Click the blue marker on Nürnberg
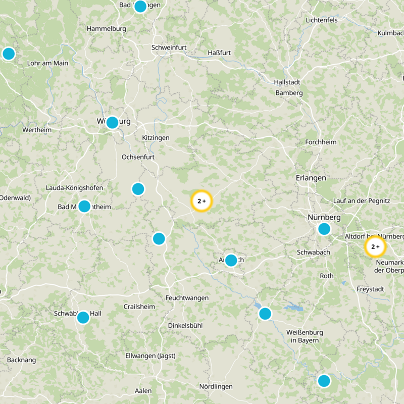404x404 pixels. (324, 229)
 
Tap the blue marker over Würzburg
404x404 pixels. (112, 122)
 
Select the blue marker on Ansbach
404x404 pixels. (231, 261)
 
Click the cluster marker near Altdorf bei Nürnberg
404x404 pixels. (375, 247)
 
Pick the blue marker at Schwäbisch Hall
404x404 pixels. (83, 318)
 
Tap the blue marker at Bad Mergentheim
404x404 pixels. (84, 206)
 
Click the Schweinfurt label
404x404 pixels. (169, 47)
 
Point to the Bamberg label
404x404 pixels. (289, 93)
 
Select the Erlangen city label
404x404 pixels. (311, 178)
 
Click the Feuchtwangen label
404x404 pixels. (187, 298)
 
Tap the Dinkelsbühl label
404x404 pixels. (185, 326)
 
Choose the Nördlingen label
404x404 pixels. (216, 386)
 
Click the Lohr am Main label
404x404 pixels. (47, 63)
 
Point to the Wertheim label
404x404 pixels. (37, 130)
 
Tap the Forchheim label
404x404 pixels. (321, 142)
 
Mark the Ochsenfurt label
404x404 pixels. (138, 157)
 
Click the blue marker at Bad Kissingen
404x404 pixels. (140, 7)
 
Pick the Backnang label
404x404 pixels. (22, 360)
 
